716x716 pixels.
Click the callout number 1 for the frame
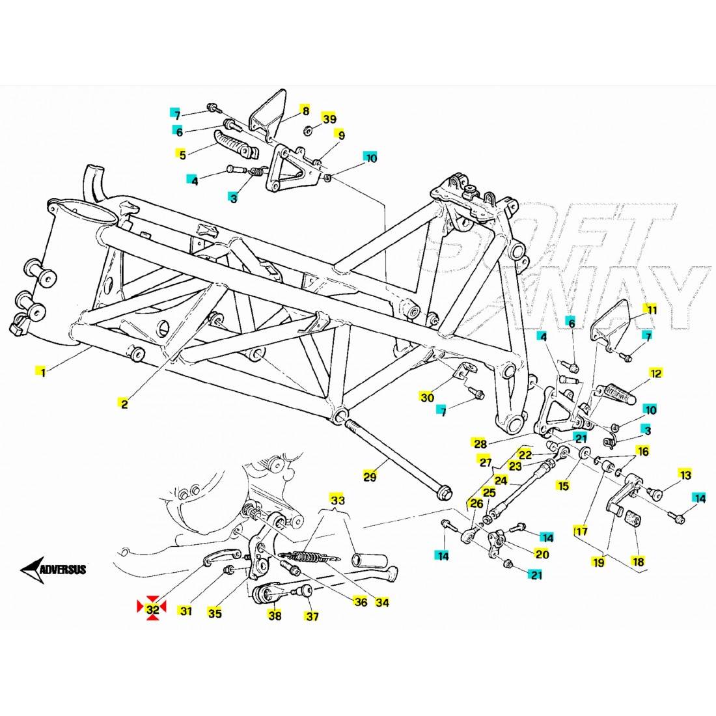point(42,372)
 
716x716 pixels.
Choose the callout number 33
point(338,500)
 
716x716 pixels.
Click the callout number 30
point(426,398)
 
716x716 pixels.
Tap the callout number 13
point(685,476)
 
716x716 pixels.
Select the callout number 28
point(480,445)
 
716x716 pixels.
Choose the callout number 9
point(341,135)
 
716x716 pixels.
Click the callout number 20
point(542,554)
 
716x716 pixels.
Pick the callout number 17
point(581,531)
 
